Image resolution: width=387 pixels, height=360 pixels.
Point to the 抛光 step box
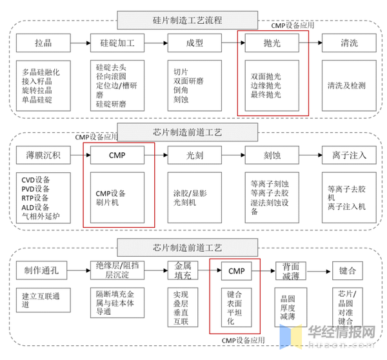pos(272,45)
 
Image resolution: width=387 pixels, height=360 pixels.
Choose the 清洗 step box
pos(350,45)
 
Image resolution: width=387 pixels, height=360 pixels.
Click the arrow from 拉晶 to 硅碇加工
pos(80,45)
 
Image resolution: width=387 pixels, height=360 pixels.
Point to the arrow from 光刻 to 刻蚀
pos(233,155)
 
